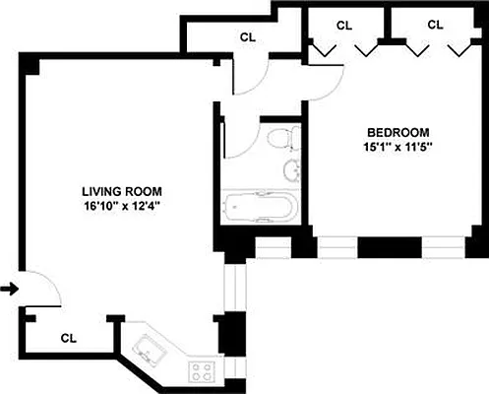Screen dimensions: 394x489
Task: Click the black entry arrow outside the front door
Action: (9, 289)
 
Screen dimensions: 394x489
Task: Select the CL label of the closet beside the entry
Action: (68, 337)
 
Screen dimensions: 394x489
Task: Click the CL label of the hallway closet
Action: (248, 37)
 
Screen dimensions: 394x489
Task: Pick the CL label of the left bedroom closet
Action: (343, 25)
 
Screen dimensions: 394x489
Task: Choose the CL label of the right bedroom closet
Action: (435, 25)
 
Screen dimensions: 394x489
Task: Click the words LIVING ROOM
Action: (122, 192)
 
